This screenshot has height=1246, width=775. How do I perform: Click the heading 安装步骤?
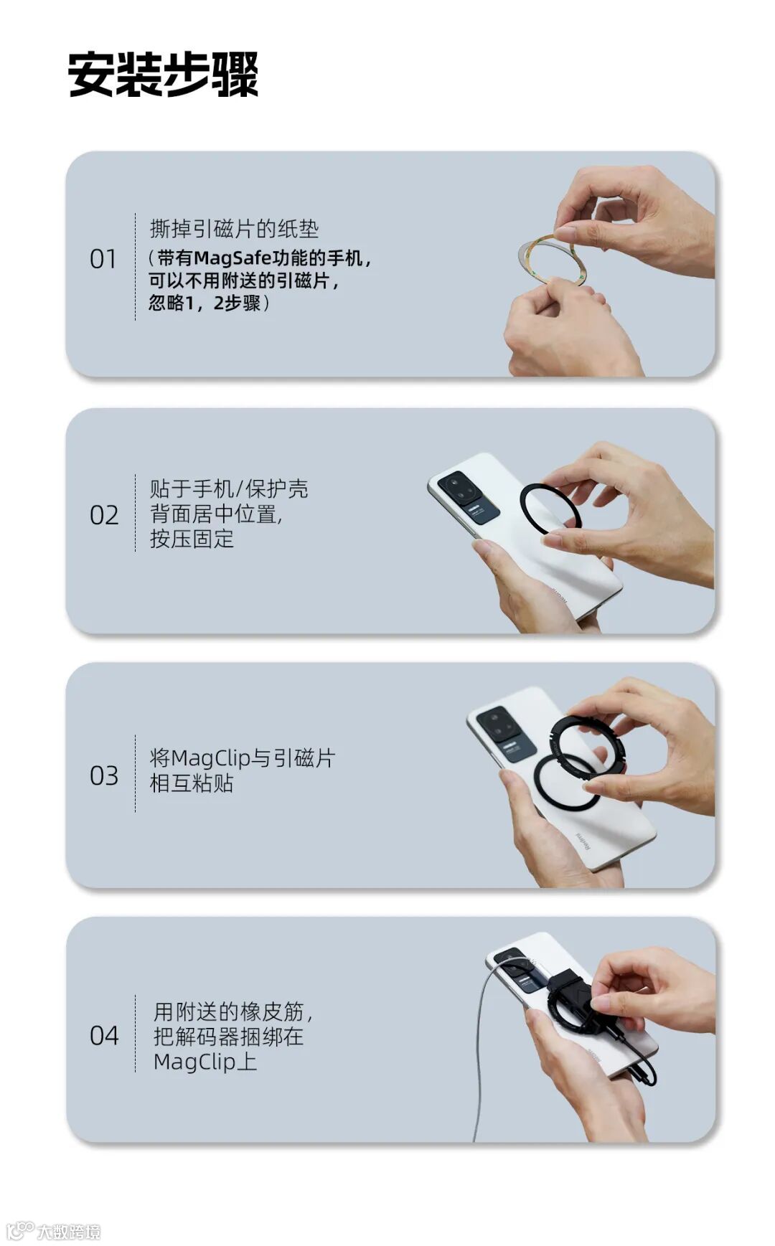point(163,74)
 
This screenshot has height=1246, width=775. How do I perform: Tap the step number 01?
point(103,259)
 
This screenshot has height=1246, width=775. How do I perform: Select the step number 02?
point(104,515)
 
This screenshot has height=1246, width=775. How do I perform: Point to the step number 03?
point(104,775)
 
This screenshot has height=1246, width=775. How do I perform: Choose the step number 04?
point(104,1035)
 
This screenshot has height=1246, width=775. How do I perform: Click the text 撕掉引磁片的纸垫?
point(234,229)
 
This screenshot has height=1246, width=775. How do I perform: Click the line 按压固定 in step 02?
point(192,539)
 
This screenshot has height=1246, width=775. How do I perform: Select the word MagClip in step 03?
point(211,758)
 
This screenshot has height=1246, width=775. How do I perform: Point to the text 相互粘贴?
point(192,783)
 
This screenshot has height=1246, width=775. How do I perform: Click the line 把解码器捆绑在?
point(229,1037)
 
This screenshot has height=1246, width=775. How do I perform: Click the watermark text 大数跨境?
point(69,1232)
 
